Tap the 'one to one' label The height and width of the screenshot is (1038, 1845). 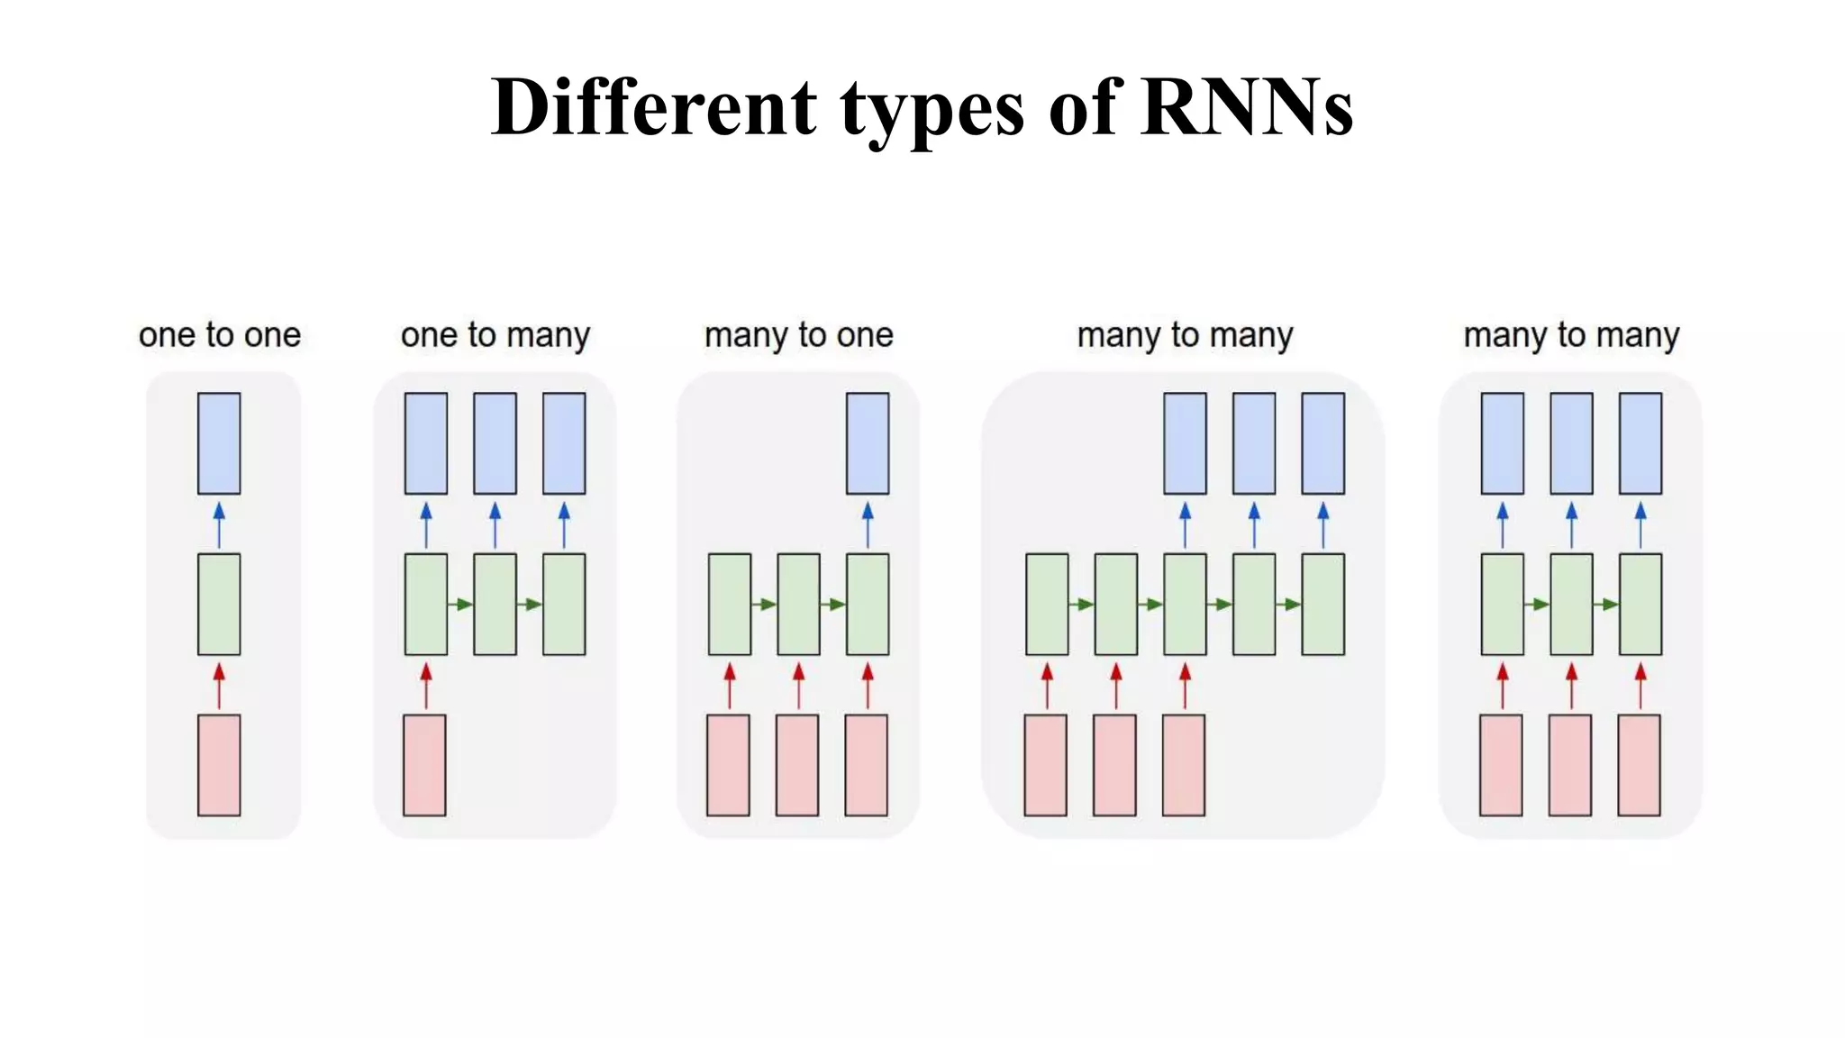(219, 335)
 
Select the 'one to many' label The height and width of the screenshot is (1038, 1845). (495, 335)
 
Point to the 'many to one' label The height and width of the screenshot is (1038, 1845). (798, 335)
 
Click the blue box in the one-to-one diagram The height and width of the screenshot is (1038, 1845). (219, 443)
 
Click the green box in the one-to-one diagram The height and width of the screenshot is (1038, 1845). (219, 604)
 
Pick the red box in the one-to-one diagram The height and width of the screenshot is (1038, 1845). (219, 765)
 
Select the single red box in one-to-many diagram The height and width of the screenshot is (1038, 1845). (424, 765)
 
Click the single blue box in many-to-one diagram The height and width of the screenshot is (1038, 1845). (868, 443)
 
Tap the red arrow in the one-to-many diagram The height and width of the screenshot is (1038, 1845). (426, 686)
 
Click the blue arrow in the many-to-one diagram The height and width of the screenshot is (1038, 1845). (868, 524)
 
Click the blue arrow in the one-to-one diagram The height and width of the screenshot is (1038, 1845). (219, 524)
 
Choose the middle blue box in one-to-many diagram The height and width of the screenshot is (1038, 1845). (495, 443)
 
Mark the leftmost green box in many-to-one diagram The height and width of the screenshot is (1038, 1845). (729, 604)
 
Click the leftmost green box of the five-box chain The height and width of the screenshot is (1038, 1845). (1047, 604)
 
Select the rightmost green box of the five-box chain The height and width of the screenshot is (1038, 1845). (1322, 604)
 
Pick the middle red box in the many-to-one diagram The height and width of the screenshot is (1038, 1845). (797, 765)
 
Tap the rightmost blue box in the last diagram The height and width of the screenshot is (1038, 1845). (1641, 443)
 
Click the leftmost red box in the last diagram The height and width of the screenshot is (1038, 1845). (1501, 765)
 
